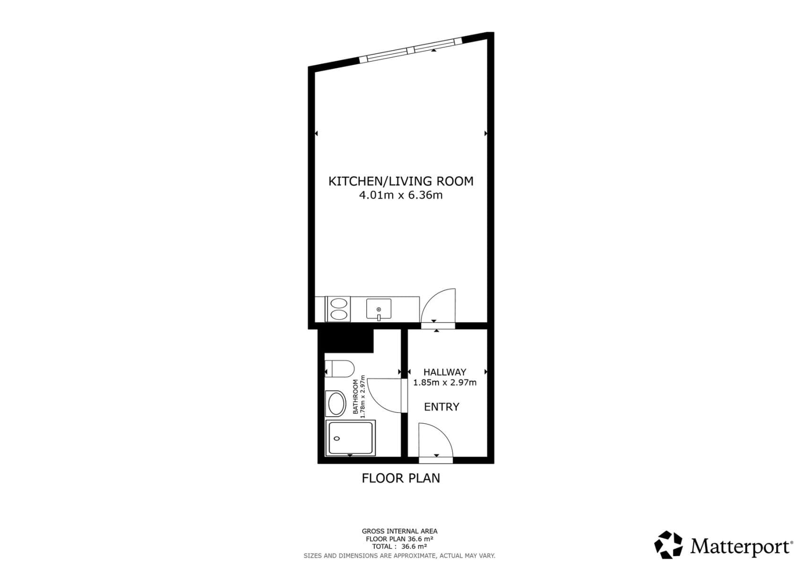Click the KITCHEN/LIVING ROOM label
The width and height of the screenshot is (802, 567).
point(401,181)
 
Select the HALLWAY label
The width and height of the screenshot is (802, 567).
point(445,372)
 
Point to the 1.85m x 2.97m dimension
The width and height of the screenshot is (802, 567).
point(445,383)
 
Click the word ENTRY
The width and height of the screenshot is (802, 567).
point(441,407)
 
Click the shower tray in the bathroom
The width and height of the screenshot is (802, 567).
point(350,438)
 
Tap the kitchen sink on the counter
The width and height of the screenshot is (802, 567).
point(379,309)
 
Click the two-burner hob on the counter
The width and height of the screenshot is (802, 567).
point(338,309)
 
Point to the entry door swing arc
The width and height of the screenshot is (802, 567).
point(435,439)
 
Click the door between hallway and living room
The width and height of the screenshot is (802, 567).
point(438,307)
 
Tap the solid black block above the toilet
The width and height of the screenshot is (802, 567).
point(345,340)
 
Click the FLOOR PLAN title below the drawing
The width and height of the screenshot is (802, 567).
point(401,478)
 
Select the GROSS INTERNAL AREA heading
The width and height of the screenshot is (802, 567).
point(399,531)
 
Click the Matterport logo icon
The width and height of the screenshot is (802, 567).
point(668,545)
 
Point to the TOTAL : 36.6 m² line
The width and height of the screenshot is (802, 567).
point(399,547)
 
